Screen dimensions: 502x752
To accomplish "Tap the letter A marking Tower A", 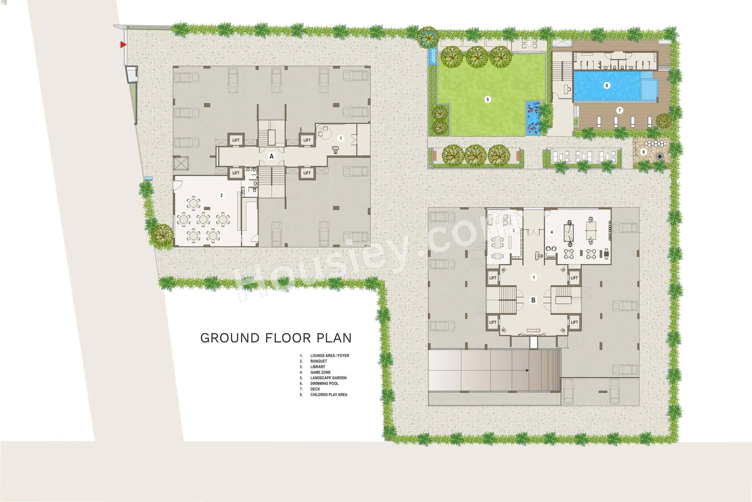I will [271, 156].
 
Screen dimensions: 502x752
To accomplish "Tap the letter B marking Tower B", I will [533, 300].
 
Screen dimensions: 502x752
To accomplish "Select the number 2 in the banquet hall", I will [221, 195].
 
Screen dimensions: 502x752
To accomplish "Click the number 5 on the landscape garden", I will [488, 99].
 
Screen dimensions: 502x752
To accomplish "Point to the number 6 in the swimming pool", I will [607, 85].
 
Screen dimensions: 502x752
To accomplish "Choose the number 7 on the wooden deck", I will [620, 110].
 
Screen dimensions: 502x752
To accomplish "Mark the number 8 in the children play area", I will [644, 152].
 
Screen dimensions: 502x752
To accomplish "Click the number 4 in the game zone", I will [552, 232].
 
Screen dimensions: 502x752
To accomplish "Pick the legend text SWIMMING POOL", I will [324, 383].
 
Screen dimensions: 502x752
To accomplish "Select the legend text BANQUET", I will [318, 361].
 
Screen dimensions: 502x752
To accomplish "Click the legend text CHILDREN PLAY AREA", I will [329, 395].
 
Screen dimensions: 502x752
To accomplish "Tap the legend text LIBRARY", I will [317, 367].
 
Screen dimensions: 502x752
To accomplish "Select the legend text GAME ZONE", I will [320, 372].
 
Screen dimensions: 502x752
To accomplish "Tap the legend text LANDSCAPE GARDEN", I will [328, 378].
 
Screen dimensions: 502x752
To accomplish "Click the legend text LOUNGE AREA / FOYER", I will [330, 356].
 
